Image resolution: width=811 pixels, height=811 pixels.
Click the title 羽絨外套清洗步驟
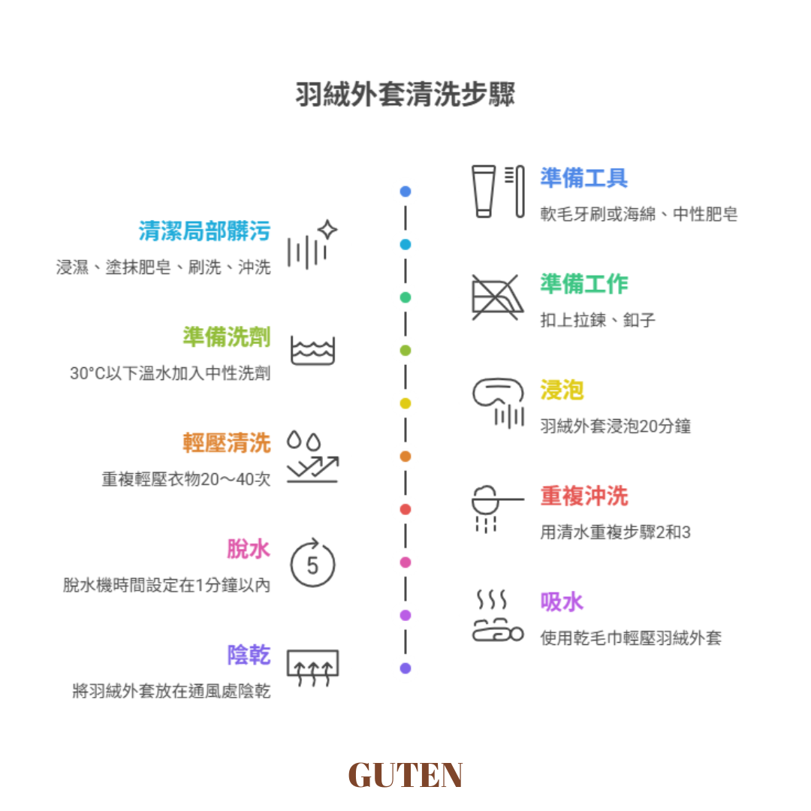point(405,96)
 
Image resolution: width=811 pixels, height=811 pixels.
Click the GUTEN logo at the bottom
point(405,775)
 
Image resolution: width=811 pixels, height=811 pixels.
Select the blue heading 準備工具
point(583,178)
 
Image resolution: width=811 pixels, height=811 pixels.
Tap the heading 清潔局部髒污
point(204,231)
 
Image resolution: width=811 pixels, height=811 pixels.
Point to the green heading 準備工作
point(583,284)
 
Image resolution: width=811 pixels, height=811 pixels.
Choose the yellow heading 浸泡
point(562,390)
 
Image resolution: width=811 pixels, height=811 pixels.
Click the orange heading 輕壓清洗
point(227,442)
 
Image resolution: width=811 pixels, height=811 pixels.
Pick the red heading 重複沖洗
point(583,496)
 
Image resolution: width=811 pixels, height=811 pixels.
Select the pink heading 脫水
point(249,549)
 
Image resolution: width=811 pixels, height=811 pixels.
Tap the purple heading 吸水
point(562,601)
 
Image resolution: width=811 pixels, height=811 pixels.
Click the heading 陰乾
point(249,655)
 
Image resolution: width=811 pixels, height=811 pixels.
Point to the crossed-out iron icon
point(498,297)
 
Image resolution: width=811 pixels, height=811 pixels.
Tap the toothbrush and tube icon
point(498,191)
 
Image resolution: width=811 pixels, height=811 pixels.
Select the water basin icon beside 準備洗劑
point(312,351)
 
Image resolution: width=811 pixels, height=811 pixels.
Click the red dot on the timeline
point(405,509)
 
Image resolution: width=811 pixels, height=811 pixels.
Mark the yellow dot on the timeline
point(405,403)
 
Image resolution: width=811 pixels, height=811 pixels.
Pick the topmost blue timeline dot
point(405,191)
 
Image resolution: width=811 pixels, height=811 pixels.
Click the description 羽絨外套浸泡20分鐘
point(615,426)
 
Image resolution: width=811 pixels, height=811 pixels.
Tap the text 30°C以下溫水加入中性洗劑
point(170,373)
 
